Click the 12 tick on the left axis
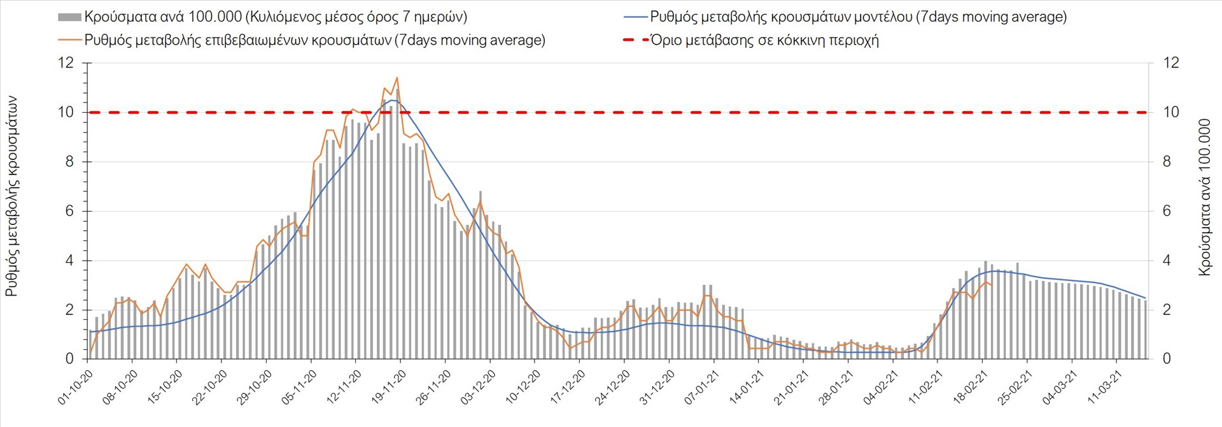click(x=66, y=63)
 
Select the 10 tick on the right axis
click(x=1171, y=112)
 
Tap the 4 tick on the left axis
click(x=69, y=261)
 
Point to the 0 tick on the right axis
click(x=1167, y=359)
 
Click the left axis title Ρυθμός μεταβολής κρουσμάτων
click(x=11, y=196)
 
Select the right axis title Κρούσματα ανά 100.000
click(x=1204, y=196)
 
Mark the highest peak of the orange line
click(x=397, y=78)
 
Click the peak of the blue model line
click(x=392, y=100)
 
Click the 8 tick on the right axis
click(x=1167, y=162)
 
